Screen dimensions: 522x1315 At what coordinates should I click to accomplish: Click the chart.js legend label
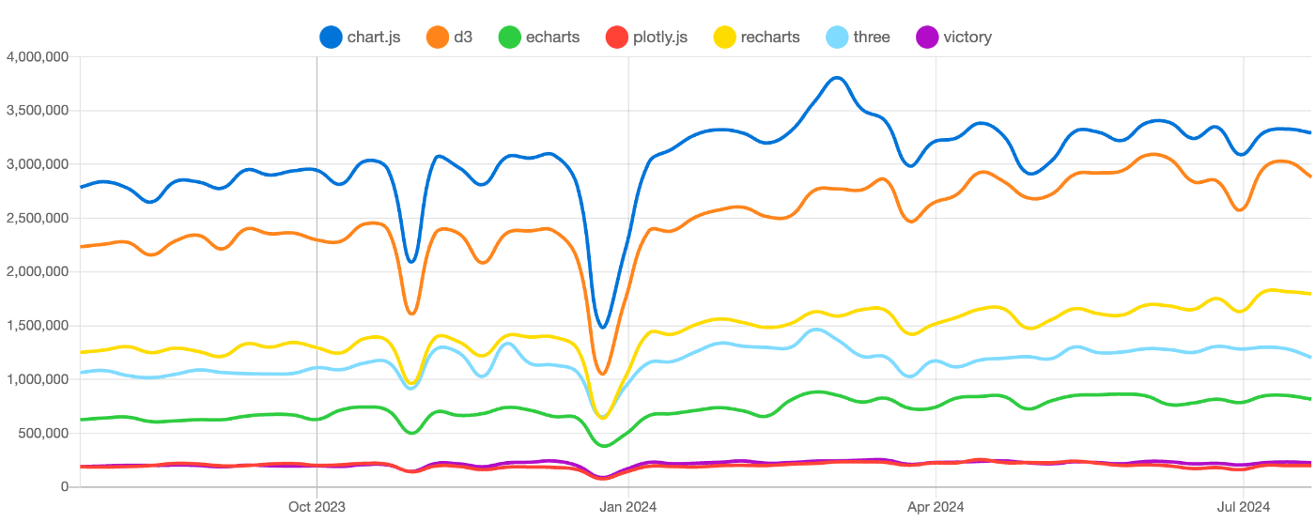374,38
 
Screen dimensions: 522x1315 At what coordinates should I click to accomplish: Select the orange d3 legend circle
438,38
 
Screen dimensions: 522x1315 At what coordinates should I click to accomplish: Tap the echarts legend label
552,38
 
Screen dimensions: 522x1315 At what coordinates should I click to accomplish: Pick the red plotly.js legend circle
615,38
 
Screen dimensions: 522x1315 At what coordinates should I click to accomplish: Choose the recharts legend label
769,38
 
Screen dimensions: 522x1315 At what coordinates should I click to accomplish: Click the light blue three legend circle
837,38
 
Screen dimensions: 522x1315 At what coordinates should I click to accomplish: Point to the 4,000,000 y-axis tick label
37,57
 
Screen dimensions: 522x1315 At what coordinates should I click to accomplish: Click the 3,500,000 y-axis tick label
37,111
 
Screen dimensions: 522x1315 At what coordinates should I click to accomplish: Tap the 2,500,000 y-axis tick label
37,218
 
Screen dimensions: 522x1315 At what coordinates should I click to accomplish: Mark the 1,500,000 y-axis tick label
37,326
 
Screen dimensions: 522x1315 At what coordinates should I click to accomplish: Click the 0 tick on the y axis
64,486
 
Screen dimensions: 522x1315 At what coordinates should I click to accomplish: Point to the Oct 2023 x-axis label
317,507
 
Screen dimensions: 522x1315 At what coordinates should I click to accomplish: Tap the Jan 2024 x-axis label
627,507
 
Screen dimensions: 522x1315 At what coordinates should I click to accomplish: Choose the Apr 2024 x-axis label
935,507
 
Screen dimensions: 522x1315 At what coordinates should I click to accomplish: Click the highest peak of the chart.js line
837,78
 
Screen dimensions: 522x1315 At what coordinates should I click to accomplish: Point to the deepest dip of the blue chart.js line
603,328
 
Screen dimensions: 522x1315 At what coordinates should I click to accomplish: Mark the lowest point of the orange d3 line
603,374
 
